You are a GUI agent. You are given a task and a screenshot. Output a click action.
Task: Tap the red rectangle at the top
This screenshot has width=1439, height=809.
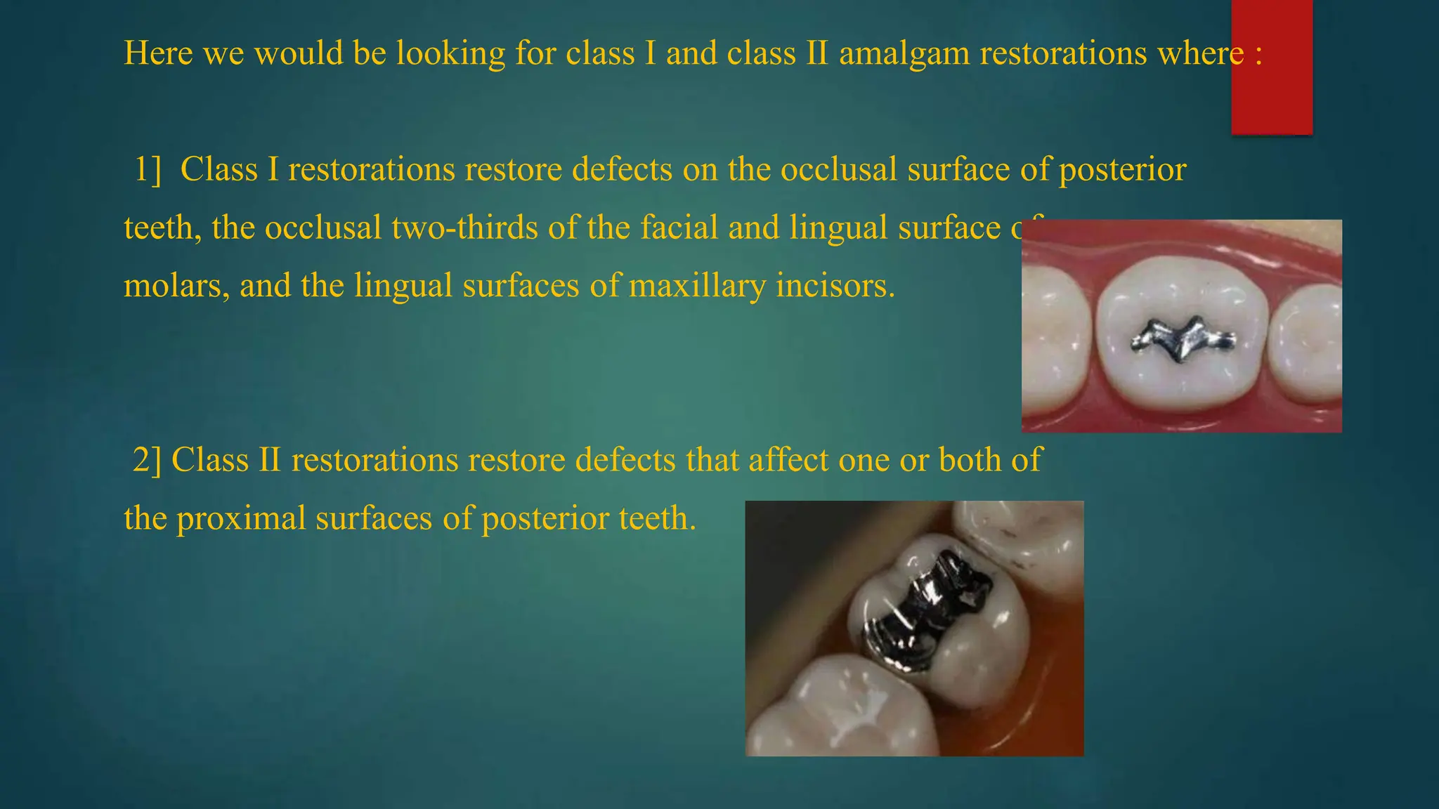(1272, 67)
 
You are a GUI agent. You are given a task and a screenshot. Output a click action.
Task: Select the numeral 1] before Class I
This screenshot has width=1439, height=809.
(148, 170)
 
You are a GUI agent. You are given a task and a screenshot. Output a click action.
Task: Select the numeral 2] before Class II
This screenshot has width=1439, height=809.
(147, 461)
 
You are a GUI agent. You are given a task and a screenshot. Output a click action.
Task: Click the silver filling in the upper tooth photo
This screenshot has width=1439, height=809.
(1183, 340)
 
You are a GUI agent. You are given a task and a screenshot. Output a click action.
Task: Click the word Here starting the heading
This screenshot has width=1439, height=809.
(158, 54)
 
